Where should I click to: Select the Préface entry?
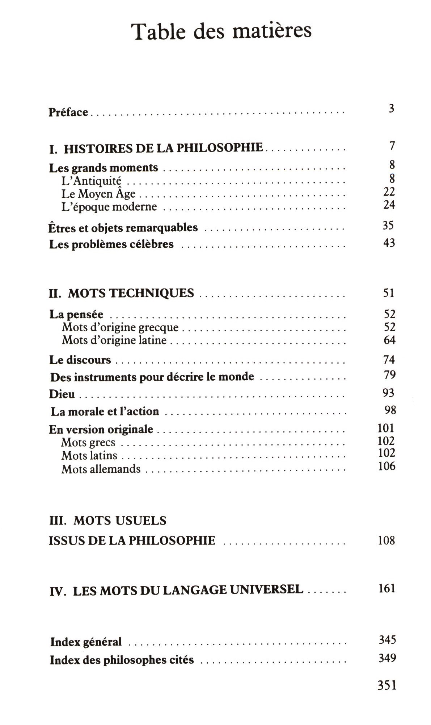68,112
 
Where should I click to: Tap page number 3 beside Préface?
391,108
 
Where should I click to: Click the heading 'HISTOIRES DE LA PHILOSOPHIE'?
163,148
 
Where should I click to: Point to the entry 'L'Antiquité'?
91,181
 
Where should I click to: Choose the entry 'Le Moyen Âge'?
98,194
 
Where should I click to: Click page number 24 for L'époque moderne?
389,205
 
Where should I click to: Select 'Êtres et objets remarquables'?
123,228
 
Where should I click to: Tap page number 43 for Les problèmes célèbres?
389,243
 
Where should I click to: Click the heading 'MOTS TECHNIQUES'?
131,293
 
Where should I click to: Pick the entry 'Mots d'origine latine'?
114,340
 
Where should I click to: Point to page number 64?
389,340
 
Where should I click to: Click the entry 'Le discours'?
80,360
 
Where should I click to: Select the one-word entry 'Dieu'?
62,394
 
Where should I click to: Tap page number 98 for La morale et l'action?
390,410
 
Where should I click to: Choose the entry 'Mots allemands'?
101,469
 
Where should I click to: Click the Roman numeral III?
58,521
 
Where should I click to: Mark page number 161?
387,588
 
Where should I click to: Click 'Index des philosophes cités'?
122,660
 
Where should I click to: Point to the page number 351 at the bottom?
387,685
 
